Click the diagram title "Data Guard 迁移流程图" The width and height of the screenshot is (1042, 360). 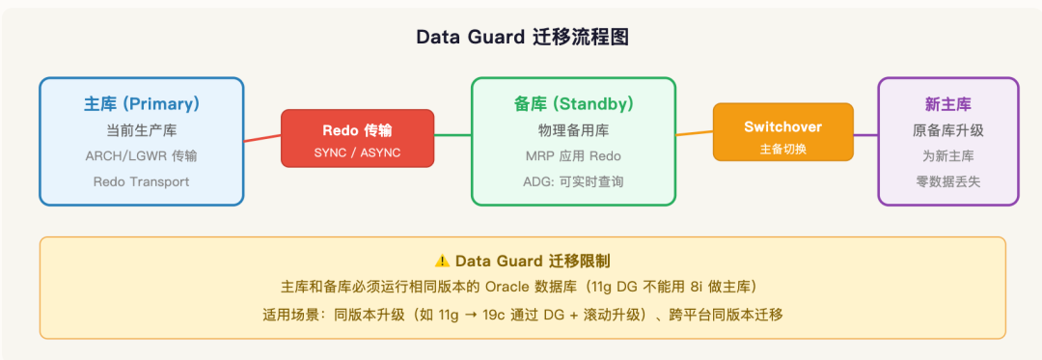522,38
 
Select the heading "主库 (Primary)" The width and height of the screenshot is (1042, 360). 142,104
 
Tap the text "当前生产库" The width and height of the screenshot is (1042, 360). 142,130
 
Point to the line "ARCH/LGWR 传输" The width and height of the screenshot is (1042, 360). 142,156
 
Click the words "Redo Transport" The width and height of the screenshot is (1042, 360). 142,181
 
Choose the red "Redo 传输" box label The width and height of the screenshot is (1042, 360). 358,130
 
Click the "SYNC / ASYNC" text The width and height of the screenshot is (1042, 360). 358,152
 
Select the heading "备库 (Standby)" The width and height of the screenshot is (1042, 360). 573,104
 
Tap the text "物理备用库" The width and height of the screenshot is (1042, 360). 573,130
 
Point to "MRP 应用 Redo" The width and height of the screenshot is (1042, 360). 573,156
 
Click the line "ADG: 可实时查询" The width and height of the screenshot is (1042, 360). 573,181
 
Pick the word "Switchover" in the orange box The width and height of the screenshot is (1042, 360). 782,126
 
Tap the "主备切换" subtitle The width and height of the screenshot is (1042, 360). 782,149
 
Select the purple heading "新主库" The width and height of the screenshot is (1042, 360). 948,104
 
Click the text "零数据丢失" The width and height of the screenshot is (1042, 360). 948,181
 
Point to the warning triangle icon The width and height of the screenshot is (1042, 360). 442,261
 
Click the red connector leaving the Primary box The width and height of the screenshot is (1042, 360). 262,138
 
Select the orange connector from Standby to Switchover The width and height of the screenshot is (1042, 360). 695,133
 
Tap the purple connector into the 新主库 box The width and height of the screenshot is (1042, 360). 865,135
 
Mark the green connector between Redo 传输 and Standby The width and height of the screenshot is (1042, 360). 452,135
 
